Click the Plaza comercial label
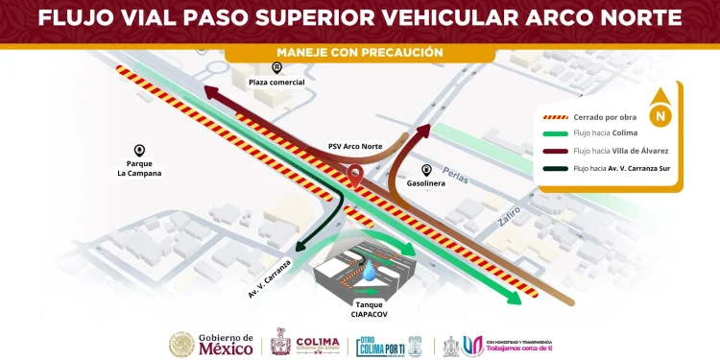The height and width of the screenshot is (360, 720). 276,83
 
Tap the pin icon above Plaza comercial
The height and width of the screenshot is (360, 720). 276,67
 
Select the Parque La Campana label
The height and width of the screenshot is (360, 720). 139,168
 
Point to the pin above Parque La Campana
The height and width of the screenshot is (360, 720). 139,150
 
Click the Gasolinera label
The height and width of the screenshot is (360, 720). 426,182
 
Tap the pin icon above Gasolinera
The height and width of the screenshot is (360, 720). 426,168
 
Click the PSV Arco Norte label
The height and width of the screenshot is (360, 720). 355,147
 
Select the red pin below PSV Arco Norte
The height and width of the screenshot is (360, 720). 355,176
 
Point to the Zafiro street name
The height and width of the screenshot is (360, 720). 509,214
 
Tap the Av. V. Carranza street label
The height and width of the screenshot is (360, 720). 270,278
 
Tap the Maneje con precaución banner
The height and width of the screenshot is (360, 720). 360,52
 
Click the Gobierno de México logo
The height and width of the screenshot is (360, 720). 212,344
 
